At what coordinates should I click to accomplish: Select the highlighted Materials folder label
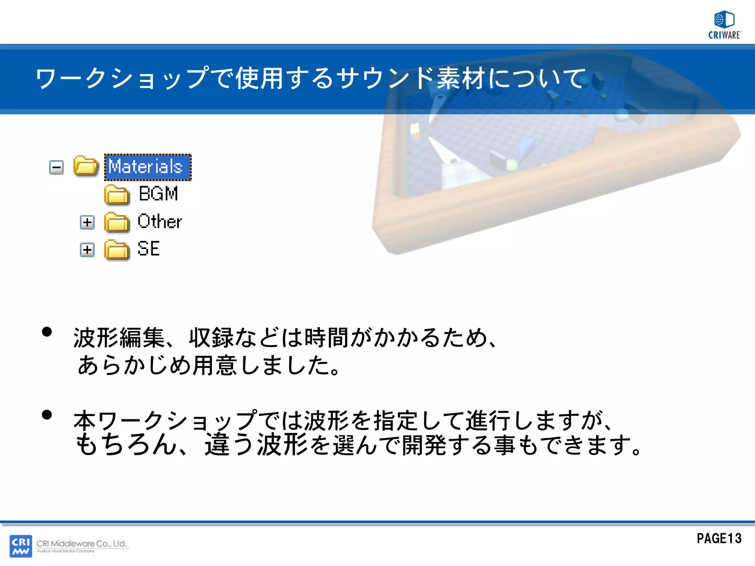[147, 167]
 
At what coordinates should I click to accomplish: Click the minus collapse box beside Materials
[56, 168]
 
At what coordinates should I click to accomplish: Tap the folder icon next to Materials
[86, 166]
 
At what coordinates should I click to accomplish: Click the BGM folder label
[158, 194]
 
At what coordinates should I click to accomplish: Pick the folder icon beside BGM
[116, 195]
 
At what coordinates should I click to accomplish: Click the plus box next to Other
[87, 222]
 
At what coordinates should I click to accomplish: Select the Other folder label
[159, 221]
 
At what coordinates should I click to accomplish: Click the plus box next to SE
[87, 250]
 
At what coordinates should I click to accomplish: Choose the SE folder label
[148, 249]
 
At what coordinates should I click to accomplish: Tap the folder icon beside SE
[116, 250]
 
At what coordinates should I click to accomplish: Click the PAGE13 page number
[719, 538]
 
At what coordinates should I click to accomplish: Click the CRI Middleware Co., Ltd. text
[81, 544]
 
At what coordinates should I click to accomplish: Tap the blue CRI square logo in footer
[21, 546]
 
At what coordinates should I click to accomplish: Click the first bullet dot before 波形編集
[47, 332]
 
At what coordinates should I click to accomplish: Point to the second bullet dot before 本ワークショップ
[47, 415]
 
